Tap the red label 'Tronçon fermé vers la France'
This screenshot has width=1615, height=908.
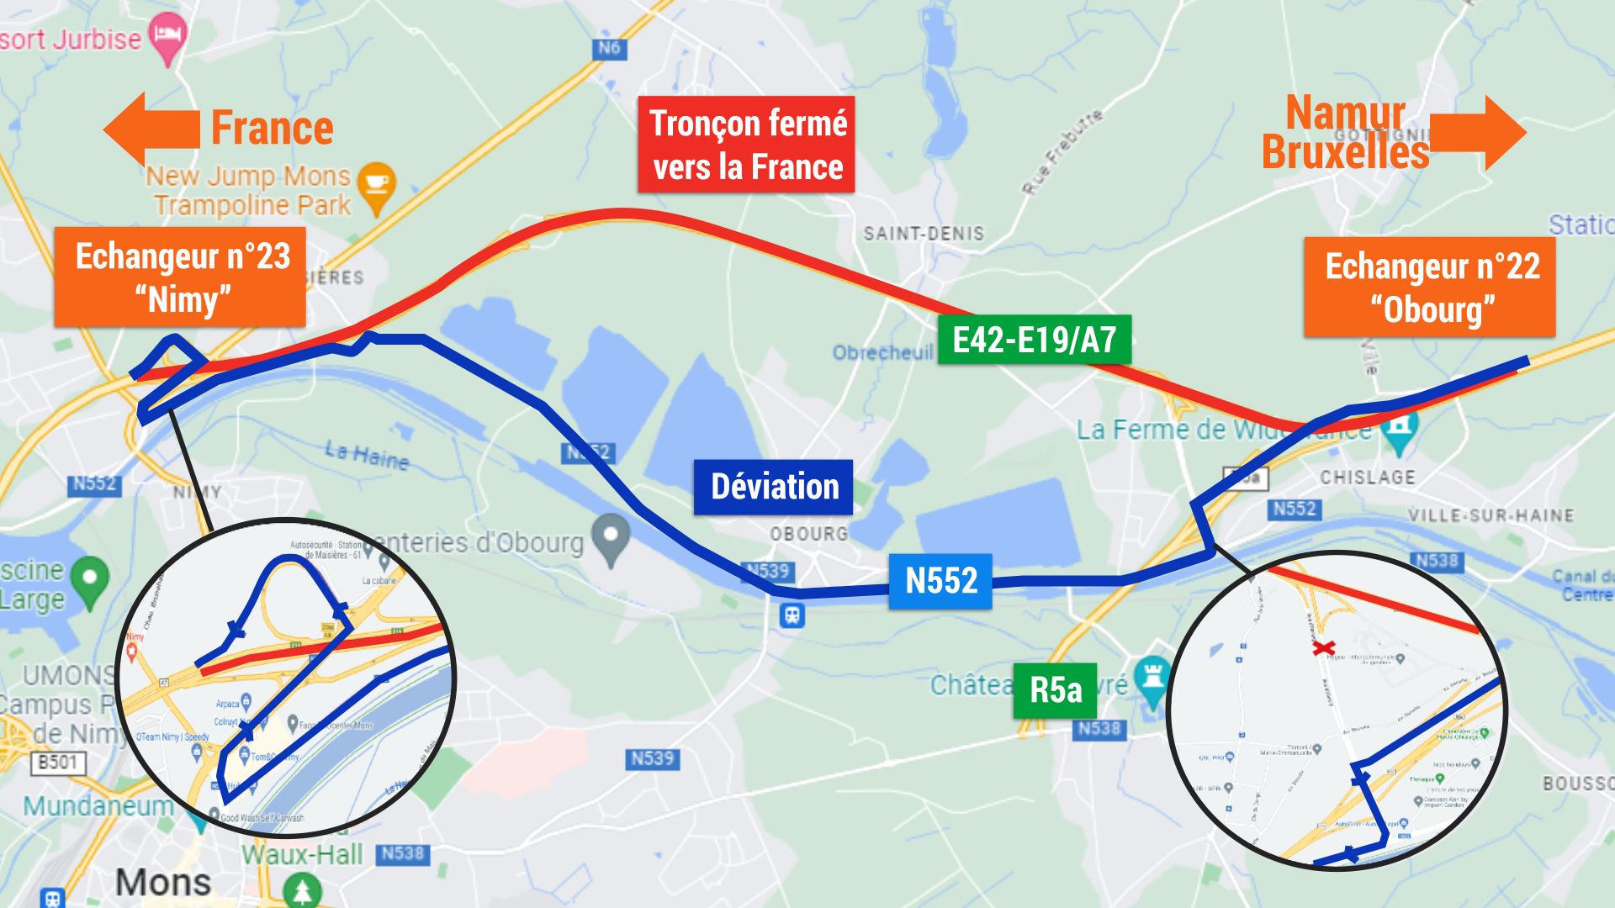746,145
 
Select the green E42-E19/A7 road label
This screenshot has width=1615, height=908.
1034,340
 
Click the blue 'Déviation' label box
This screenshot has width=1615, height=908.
773,487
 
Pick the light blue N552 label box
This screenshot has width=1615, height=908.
940,581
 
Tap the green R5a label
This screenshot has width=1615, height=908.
1055,690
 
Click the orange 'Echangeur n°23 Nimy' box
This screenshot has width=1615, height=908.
180,277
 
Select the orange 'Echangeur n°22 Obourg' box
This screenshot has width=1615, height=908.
1429,288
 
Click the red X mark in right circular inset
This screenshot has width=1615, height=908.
1324,647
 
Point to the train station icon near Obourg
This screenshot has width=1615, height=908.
792,615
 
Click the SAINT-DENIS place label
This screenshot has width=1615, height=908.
923,234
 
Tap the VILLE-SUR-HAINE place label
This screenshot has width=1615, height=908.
1490,515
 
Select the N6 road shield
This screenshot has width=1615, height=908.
608,48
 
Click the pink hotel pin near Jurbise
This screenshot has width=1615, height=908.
167,37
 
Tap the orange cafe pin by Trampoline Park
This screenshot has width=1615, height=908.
376,185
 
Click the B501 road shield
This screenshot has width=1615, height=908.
57,762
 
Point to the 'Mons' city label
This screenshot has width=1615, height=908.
162,882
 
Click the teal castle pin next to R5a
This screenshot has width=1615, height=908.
1153,676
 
